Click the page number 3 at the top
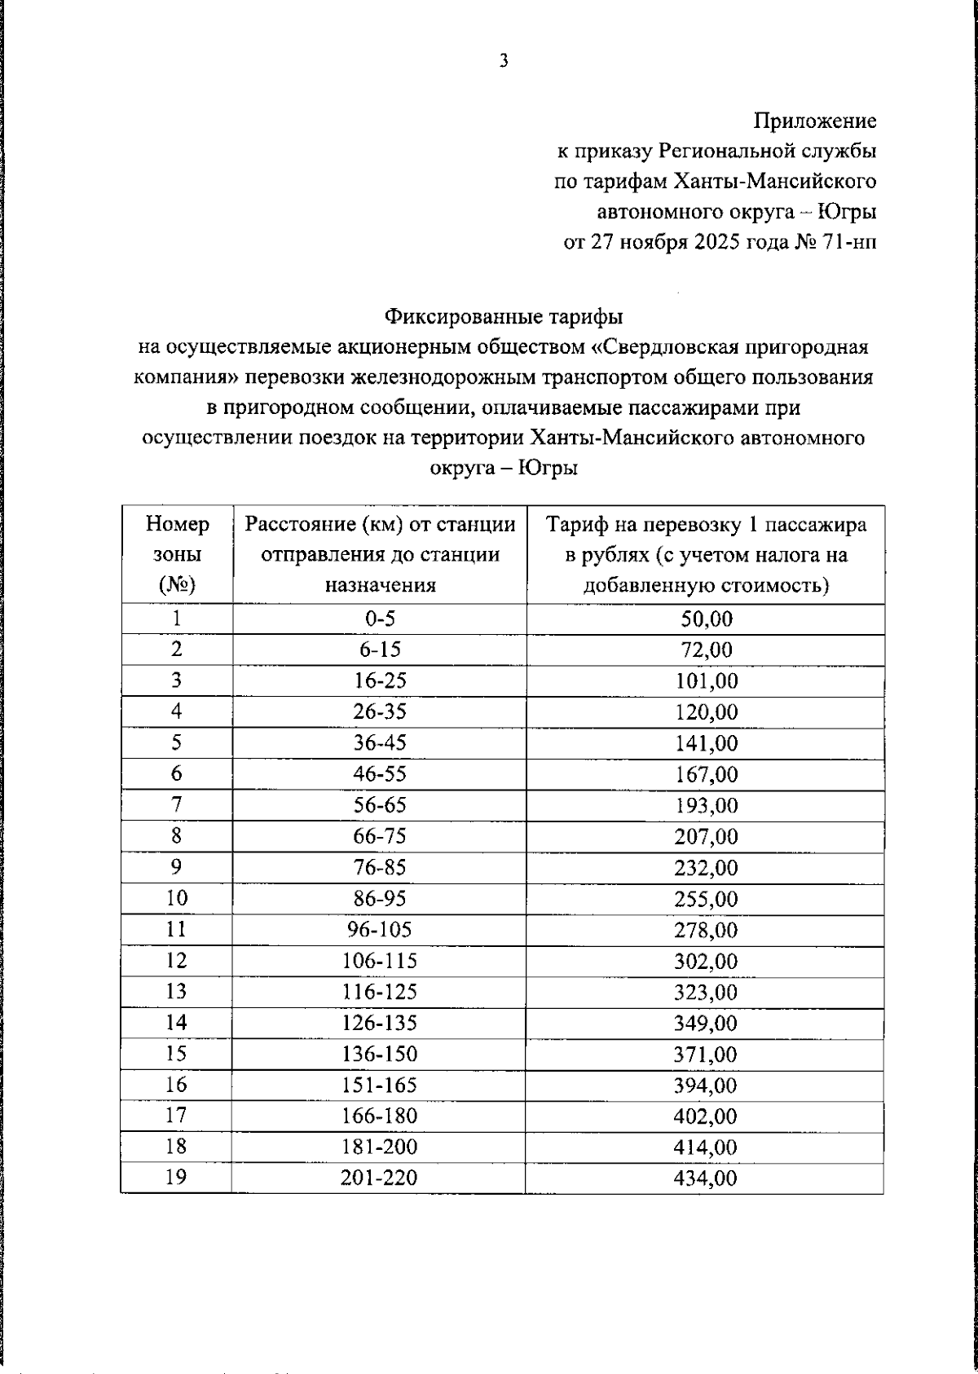pos(504,61)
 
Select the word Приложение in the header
pos(814,121)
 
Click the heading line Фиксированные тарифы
pos(504,316)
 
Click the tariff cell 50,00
pos(706,619)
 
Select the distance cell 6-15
pos(380,650)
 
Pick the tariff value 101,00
pos(706,681)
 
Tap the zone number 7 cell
pos(177,805)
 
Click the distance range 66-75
pos(380,836)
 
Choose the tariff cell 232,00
pos(706,868)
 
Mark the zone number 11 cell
pos(177,929)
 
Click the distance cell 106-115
pos(380,961)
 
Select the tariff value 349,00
pos(706,1023)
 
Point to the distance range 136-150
pos(380,1054)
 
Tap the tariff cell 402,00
pos(706,1116)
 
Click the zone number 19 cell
pos(177,1178)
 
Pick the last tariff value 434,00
pos(706,1178)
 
